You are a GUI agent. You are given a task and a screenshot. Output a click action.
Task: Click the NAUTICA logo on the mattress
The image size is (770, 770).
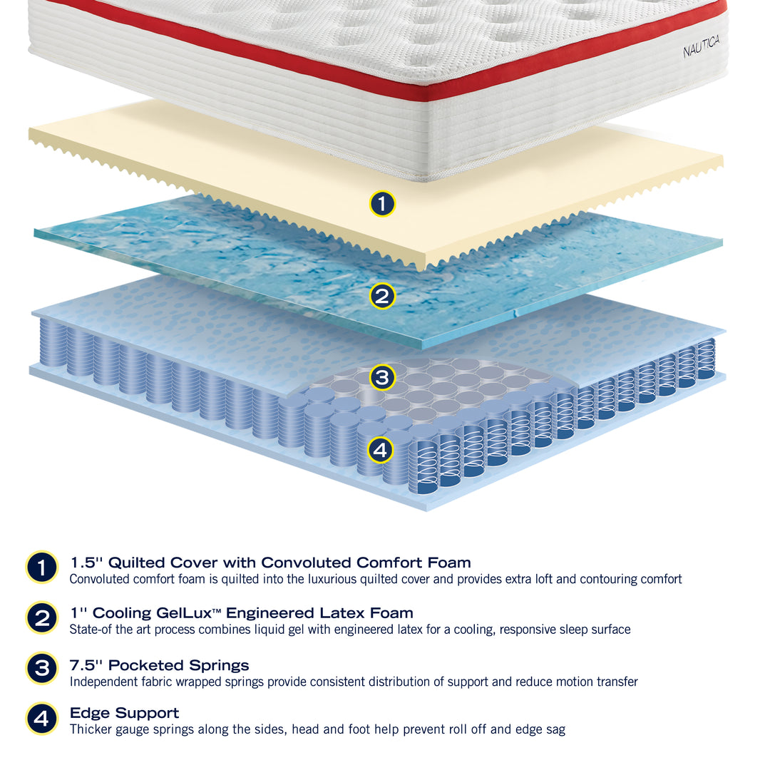(701, 48)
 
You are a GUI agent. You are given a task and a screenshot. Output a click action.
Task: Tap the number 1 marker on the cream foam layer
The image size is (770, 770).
(382, 204)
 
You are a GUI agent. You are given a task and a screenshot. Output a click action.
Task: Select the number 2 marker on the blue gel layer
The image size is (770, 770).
(382, 296)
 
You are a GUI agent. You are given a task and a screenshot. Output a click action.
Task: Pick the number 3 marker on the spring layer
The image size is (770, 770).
(382, 377)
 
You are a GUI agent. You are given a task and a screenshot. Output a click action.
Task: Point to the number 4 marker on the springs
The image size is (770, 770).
(381, 450)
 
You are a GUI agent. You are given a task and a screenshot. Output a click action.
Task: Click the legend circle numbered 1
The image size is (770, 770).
(42, 568)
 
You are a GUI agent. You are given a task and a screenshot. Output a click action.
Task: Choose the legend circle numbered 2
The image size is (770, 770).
(42, 618)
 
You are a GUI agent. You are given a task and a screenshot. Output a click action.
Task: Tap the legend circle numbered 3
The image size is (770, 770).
(42, 669)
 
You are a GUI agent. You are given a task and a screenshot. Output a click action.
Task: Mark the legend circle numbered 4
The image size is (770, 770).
(42, 718)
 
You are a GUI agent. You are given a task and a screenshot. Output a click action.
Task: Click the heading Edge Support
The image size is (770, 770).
(124, 713)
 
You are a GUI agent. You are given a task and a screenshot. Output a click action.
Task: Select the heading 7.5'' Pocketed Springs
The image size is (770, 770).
(159, 665)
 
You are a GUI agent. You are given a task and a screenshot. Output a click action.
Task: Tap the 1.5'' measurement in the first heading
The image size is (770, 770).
(86, 563)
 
